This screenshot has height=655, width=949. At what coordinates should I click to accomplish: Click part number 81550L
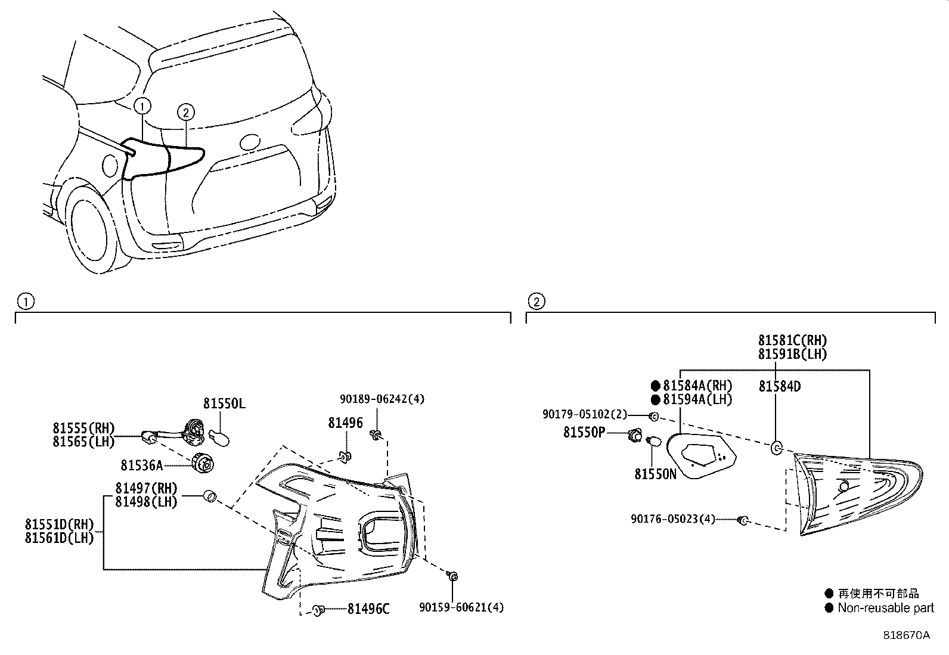(224, 404)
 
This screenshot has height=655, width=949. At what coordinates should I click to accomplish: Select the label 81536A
(141, 464)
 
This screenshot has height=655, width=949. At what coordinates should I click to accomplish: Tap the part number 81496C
(368, 609)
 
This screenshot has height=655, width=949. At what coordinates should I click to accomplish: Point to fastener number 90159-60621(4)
(461, 607)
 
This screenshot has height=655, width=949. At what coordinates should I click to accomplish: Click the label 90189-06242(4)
(382, 399)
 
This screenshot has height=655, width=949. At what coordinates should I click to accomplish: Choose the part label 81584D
(779, 387)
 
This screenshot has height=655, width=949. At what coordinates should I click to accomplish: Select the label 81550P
(584, 433)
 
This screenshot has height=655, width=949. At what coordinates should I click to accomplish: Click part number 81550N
(655, 474)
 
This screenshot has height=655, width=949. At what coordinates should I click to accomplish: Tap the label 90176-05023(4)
(672, 519)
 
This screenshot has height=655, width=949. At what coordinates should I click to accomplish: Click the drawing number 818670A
(906, 635)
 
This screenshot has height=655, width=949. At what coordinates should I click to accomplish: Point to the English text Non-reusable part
(886, 608)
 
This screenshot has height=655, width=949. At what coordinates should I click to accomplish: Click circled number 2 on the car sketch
(185, 111)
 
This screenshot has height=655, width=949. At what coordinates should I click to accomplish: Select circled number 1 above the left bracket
(25, 302)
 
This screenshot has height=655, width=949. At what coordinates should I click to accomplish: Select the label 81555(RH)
(83, 428)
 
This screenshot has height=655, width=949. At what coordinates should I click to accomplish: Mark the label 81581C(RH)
(792, 340)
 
